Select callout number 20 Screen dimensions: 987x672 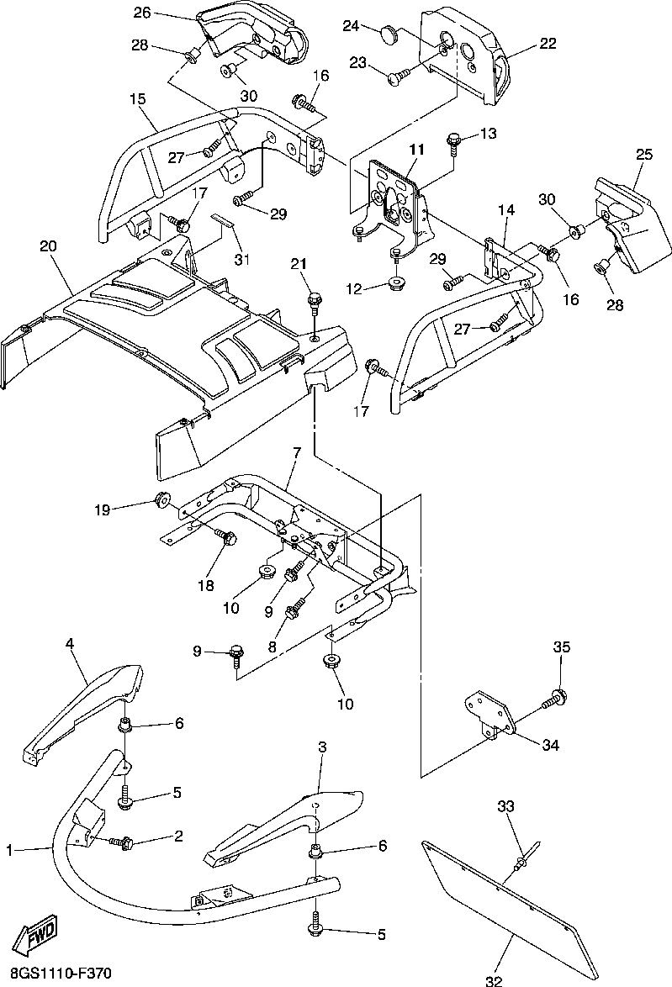(48, 246)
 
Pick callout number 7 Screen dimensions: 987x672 (296, 454)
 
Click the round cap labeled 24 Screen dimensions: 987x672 (387, 33)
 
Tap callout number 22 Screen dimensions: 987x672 (548, 44)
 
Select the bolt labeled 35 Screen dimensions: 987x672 (557, 697)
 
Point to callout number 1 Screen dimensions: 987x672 (9, 851)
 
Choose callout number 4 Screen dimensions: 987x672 (70, 644)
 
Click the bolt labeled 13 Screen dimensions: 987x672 (453, 140)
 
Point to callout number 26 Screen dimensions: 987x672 (141, 13)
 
